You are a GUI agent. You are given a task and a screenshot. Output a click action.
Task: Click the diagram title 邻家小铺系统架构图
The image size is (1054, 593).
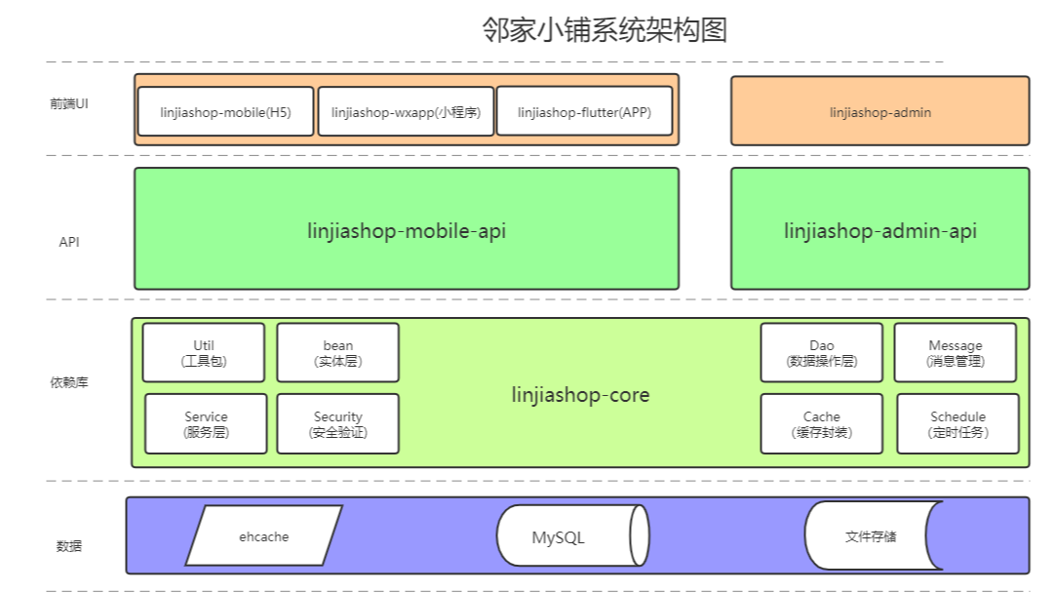click(605, 30)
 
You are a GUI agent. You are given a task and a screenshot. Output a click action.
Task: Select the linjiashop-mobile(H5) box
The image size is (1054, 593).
click(226, 112)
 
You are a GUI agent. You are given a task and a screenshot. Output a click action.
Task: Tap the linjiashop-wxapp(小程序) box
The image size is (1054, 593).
click(406, 112)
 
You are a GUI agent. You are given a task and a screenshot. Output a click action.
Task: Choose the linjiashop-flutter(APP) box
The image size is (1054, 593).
click(583, 112)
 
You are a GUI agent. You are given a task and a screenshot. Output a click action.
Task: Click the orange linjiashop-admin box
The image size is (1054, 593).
click(879, 111)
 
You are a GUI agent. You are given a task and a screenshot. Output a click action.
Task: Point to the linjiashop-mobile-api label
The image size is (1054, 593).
click(406, 231)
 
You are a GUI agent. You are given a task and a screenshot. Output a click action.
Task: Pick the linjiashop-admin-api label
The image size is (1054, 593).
click(879, 231)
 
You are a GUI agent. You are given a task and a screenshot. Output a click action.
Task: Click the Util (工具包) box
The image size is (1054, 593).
click(203, 353)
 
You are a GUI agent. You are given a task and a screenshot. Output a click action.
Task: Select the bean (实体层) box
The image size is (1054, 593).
click(337, 353)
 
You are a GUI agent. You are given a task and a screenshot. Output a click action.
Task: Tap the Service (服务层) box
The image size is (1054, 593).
click(206, 423)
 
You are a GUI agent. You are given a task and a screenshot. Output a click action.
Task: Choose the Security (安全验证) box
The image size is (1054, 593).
click(337, 423)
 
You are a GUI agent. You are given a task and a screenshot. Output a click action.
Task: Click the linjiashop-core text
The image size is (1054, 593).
click(580, 395)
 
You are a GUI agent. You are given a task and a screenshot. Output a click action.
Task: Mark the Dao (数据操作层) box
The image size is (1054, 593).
click(821, 353)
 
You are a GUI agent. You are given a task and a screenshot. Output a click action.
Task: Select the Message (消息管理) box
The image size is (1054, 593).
click(955, 353)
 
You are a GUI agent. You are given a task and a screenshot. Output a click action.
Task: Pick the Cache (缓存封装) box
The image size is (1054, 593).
click(821, 423)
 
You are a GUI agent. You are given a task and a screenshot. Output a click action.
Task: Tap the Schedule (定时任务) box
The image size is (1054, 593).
click(957, 423)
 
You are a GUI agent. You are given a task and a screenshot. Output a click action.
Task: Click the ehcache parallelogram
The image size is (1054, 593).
click(263, 535)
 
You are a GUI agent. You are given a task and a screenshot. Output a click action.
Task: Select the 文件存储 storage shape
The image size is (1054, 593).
click(871, 535)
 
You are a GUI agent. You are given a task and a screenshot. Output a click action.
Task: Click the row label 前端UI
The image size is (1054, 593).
click(69, 103)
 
